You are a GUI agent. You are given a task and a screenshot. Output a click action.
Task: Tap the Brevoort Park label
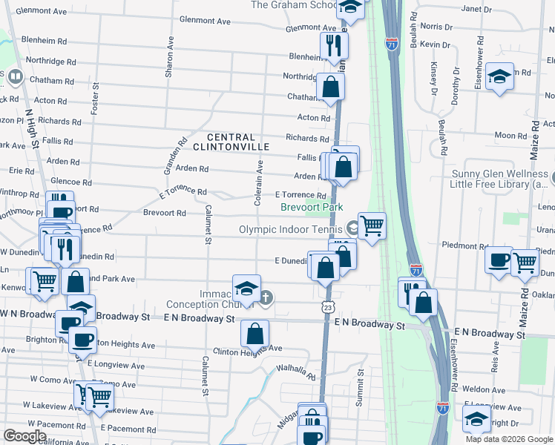pos(312,208)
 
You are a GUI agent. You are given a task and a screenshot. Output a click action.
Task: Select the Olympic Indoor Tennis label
pos(292,229)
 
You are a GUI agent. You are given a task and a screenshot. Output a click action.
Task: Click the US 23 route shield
pos(326,306)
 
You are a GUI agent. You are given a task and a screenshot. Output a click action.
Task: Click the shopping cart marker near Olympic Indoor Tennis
pos(372,224)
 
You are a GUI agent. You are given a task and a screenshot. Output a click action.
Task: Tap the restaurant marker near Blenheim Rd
pos(334,45)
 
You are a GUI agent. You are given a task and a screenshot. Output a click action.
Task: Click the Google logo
pos(26,435)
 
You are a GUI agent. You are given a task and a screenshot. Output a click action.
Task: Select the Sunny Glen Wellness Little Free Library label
pos(507,179)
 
